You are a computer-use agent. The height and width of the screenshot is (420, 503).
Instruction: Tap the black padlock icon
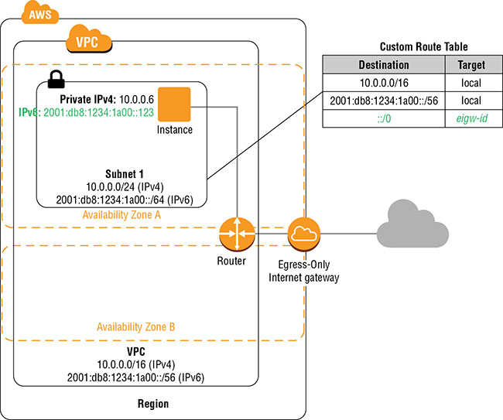tap(56, 78)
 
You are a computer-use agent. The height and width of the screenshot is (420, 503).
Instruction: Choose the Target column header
tap(471, 65)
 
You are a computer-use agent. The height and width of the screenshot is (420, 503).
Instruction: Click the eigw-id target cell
tap(471, 118)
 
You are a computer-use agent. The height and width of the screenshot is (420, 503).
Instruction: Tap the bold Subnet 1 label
tap(122, 174)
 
